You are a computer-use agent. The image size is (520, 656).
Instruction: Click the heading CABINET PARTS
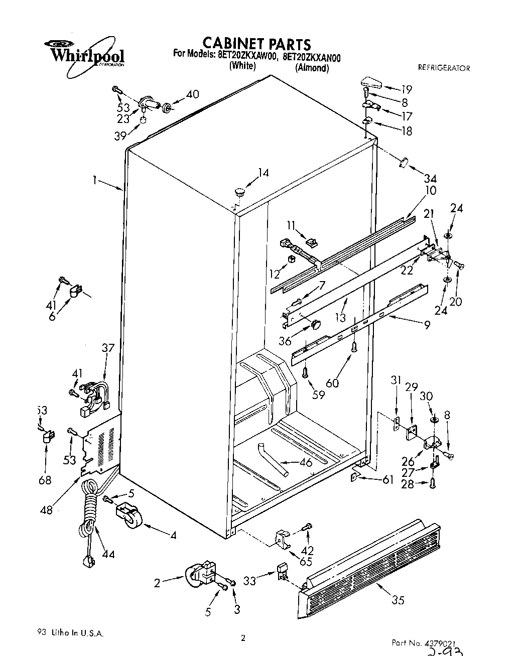[256, 44]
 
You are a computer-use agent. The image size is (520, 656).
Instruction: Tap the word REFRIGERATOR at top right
[444, 68]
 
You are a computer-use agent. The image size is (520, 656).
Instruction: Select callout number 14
[264, 173]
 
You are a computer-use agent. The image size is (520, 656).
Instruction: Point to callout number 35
[398, 600]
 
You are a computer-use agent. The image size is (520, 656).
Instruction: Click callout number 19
[406, 89]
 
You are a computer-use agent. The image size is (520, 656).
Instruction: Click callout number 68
[45, 480]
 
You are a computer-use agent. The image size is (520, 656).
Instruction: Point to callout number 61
[387, 480]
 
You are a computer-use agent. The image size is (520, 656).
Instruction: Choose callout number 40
[192, 94]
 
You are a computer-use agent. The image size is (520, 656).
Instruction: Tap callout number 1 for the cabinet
[94, 180]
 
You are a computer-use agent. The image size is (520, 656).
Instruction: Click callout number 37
[108, 348]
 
